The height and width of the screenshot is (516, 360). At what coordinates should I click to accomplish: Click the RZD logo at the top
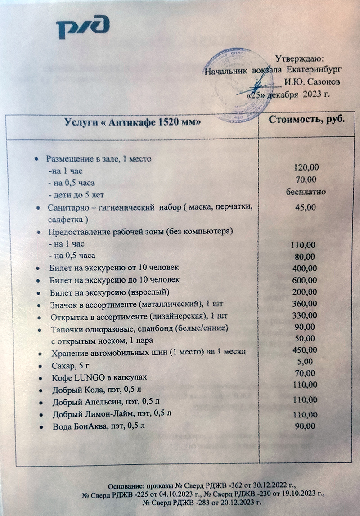click(x=83, y=28)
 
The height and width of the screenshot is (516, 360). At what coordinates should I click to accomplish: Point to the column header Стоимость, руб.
click(x=307, y=120)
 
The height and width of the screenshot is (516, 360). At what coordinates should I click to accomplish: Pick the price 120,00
click(x=306, y=168)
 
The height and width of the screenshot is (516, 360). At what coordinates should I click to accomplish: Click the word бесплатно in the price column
click(x=306, y=192)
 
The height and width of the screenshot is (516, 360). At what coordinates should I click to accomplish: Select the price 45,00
click(x=306, y=207)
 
